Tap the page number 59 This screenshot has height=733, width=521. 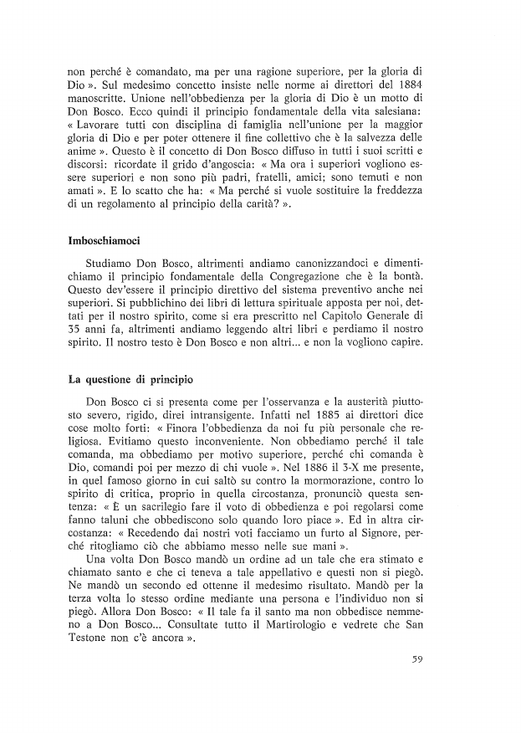(x=421, y=659)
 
